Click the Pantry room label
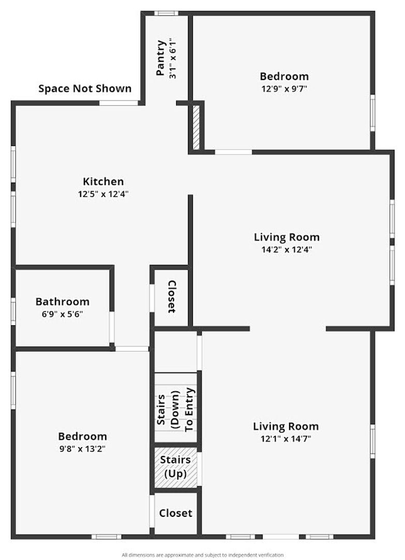click(161, 58)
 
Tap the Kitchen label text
click(103, 181)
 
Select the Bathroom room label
click(63, 302)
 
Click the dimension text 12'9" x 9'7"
click(284, 89)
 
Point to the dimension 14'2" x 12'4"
click(287, 249)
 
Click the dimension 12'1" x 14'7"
click(286, 439)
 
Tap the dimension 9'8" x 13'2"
click(82, 449)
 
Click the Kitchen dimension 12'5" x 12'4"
click(103, 194)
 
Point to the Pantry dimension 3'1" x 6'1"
click(172, 58)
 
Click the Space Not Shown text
click(85, 89)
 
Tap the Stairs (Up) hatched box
click(176, 468)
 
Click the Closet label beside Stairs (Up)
click(176, 513)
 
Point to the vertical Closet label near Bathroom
click(172, 297)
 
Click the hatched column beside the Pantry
click(196, 127)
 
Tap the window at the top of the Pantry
click(166, 13)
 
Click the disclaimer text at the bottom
click(202, 555)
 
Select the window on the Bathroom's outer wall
click(13, 312)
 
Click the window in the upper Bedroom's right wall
click(372, 113)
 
